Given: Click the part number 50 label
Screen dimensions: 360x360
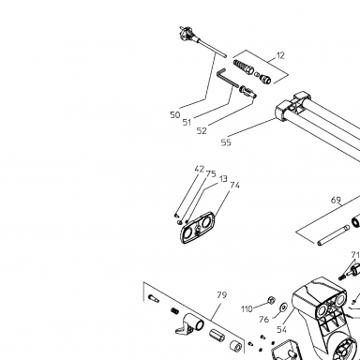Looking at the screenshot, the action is [175, 115].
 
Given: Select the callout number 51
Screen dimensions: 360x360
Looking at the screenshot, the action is [187, 122].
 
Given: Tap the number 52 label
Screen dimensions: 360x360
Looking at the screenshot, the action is [202, 130].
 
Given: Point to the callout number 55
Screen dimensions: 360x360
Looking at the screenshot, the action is [226, 142].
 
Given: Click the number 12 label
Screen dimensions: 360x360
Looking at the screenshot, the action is [280, 55].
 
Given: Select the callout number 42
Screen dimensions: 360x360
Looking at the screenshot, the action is [199, 169].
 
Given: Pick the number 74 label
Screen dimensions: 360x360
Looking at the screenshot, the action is [234, 186].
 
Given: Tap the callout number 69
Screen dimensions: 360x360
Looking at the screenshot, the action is [336, 200].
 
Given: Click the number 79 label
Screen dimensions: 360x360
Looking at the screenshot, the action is [221, 295].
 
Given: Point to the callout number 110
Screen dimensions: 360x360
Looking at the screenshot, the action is [247, 309].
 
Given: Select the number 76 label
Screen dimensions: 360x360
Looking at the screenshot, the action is [264, 320].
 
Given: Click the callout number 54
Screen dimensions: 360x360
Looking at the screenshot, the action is [282, 329].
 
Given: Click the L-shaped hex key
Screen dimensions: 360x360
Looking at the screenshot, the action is [228, 79].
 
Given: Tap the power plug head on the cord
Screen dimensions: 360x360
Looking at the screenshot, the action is [187, 33].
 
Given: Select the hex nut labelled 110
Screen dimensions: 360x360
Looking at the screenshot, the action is [271, 301].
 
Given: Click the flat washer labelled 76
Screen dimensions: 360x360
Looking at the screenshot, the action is [284, 307].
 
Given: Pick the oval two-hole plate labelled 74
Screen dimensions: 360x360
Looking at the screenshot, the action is [198, 228].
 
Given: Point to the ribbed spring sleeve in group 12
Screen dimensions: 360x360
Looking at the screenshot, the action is [244, 67].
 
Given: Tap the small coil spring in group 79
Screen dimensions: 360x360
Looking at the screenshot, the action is [174, 311].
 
